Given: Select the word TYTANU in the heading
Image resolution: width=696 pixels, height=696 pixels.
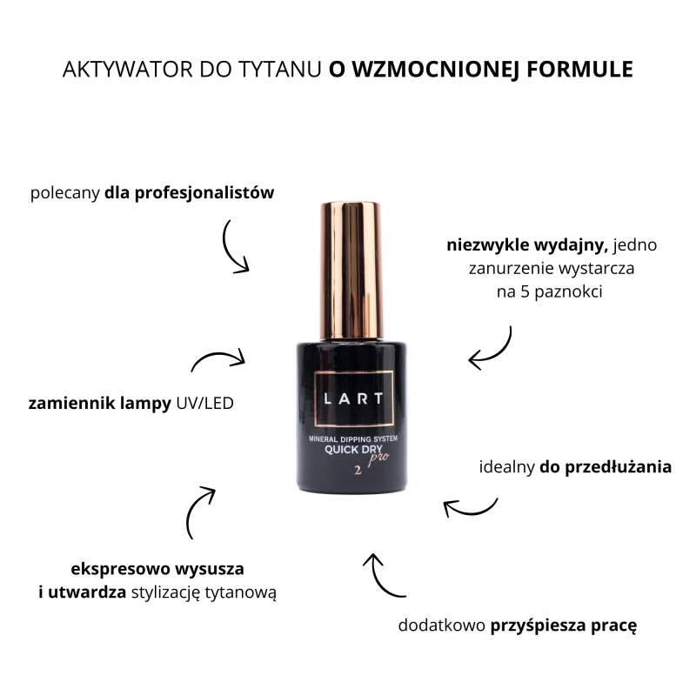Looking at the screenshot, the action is pos(279,70).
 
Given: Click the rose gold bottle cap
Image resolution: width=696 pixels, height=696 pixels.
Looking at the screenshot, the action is pos(351,271).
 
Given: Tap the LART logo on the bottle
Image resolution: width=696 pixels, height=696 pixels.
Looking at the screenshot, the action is pos(354,398).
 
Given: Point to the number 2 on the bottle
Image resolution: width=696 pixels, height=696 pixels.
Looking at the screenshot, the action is pos(358,471).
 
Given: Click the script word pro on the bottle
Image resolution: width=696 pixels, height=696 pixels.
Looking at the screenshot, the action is pos(378,458).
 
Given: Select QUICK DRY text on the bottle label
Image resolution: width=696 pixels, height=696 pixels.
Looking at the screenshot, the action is pos(353,449).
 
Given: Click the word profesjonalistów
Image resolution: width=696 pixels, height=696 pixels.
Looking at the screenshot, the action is pos(204,193).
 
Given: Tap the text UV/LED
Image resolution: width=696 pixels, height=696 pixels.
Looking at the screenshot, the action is pos(204,403).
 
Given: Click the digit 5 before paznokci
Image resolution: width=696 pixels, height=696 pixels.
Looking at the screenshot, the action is pos(525,291).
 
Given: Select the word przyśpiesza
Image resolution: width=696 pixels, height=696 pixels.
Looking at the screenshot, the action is pos(538,626).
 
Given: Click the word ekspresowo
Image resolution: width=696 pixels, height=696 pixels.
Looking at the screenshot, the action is pos(119,569).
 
